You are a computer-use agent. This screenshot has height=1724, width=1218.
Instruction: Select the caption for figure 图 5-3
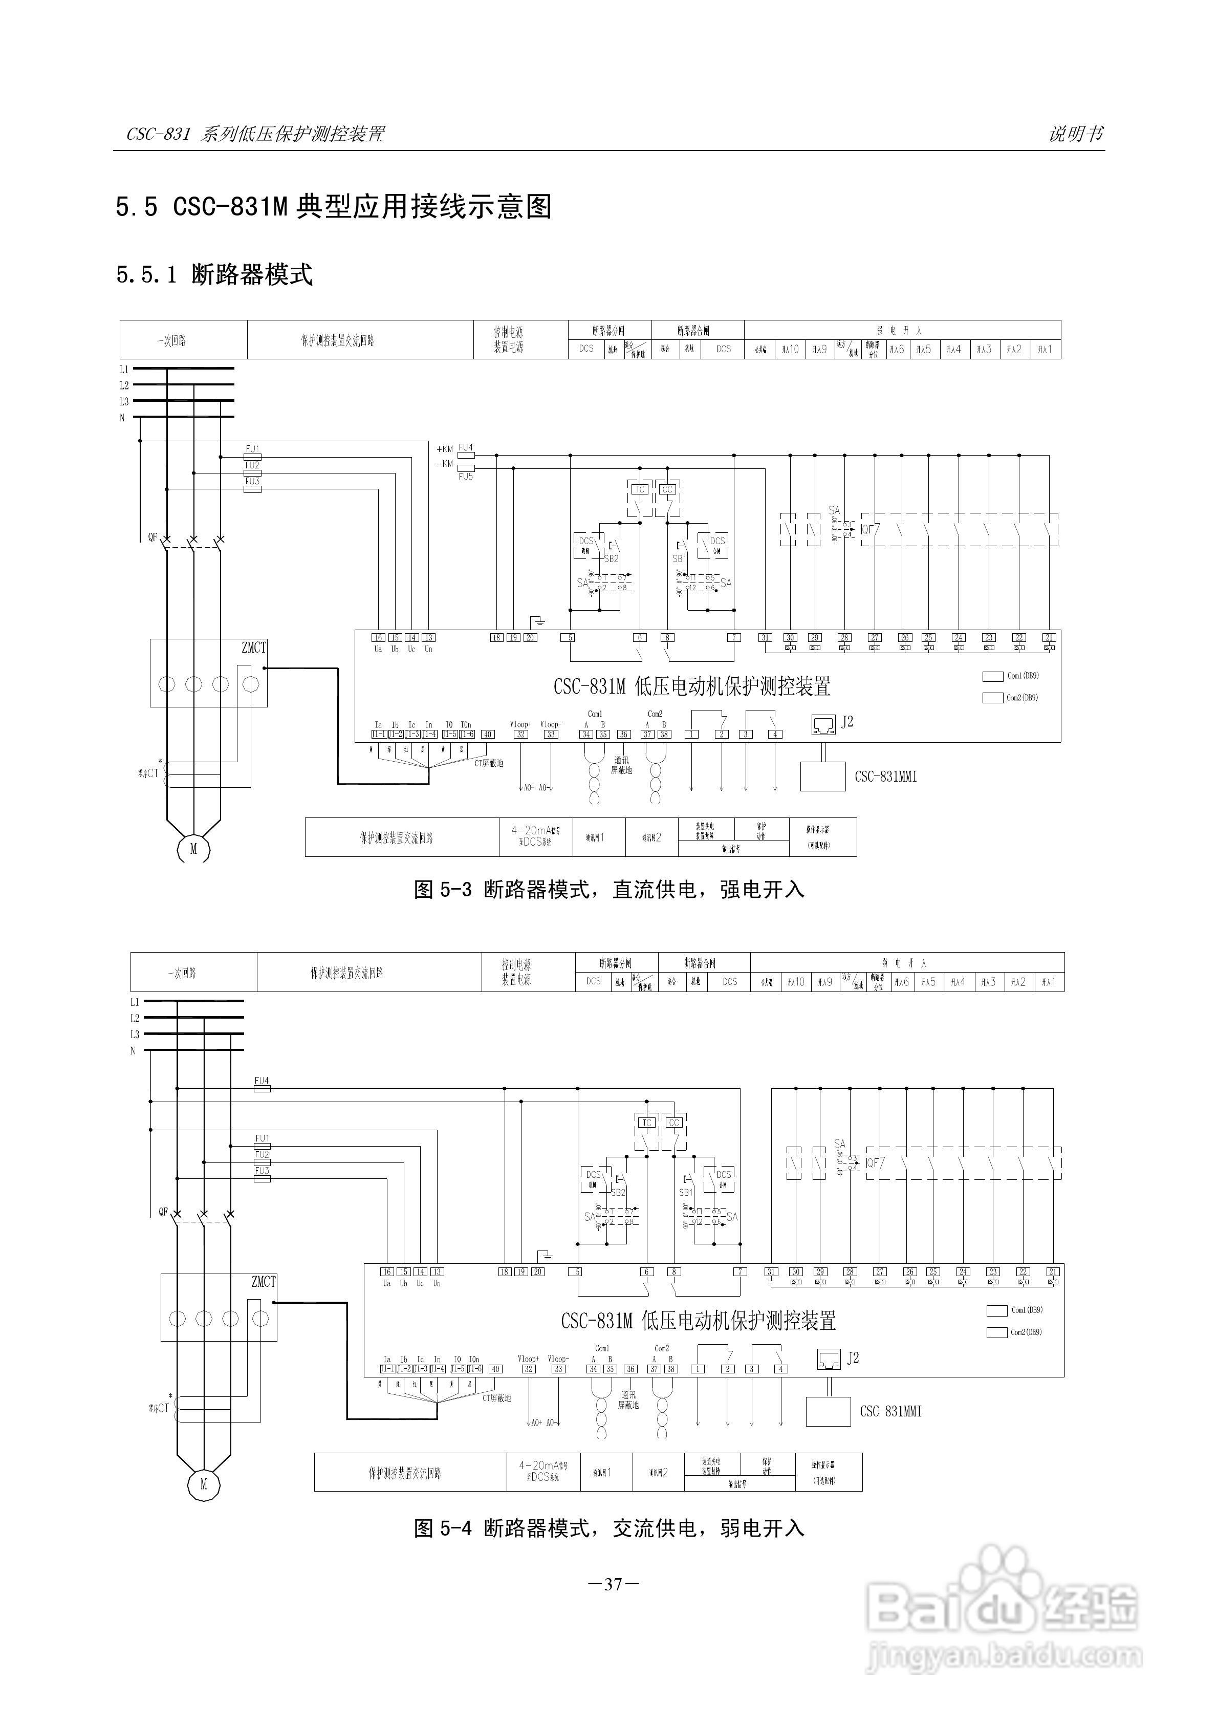(609, 890)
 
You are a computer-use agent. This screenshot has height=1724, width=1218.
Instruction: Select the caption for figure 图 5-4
(609, 1528)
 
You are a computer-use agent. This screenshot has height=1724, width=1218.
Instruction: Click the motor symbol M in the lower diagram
(203, 1484)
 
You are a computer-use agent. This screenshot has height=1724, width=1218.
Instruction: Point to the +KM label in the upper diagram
(445, 449)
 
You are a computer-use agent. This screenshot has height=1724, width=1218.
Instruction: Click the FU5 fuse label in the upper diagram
(466, 477)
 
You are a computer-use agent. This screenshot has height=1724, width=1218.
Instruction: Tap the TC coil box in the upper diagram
(640, 489)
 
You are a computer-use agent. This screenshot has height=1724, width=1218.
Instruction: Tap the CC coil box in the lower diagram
(673, 1123)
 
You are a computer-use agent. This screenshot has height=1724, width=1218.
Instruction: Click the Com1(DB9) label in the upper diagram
(1023, 676)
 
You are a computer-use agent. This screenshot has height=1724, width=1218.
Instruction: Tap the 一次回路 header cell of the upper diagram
(172, 341)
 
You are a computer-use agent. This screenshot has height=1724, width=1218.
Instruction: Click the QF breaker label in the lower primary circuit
(163, 1211)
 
